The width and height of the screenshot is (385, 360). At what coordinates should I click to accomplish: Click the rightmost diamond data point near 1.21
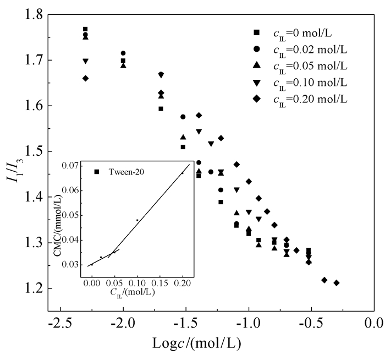coord(337,283)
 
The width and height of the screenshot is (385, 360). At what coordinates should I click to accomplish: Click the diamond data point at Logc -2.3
coord(85,78)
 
